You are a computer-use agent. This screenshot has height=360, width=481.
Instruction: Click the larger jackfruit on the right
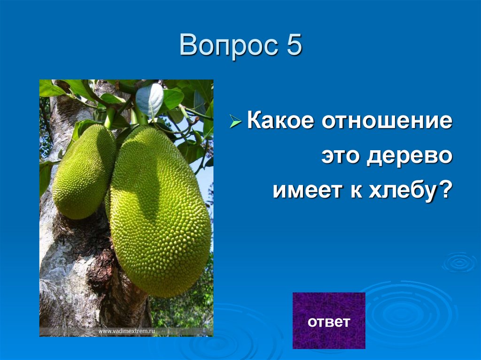coord(160,211)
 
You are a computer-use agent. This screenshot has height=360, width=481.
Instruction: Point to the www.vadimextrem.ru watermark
coord(127,331)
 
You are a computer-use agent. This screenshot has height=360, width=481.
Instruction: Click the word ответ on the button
coord(329,322)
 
